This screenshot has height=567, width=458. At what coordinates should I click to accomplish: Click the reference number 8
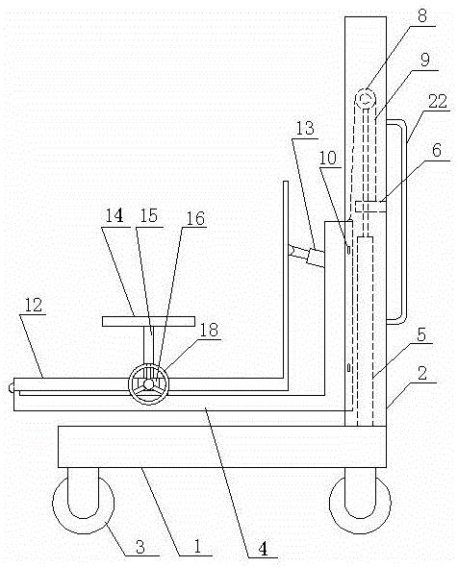[422, 15]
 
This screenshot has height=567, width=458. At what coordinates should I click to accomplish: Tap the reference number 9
[424, 59]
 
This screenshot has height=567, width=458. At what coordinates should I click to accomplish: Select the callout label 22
[438, 101]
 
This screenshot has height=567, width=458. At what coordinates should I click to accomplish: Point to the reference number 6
[437, 150]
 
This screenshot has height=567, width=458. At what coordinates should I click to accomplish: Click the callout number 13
[305, 128]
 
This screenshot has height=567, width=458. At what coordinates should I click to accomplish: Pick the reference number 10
[328, 158]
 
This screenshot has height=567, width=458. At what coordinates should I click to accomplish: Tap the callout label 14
[114, 215]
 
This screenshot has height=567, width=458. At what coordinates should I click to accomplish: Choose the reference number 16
[195, 218]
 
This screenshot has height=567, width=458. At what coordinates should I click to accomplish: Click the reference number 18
[209, 330]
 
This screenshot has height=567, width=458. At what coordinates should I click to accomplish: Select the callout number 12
[34, 305]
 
